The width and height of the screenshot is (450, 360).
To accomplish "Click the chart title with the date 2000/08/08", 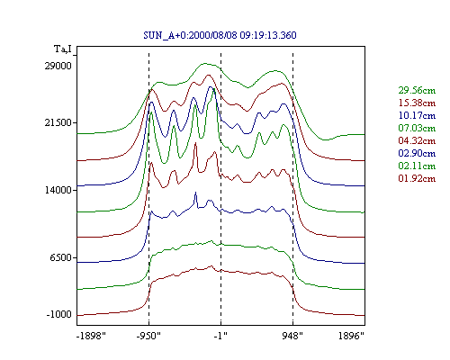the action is [220, 35].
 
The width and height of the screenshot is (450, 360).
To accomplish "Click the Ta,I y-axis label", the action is [63, 49].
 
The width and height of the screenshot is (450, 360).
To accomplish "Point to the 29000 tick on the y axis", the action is [58, 66].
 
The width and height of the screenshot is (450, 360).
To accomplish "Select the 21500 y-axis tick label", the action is [58, 122].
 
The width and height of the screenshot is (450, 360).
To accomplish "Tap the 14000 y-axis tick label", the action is [58, 190].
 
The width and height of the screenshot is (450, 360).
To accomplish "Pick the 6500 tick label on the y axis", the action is [61, 257].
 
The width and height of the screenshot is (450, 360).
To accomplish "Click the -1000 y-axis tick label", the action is [59, 314].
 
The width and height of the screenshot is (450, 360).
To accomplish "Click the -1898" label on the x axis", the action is [92, 336].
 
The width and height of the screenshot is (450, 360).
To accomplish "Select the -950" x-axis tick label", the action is [148, 336].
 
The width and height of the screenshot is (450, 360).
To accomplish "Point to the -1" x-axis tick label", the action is [220, 336].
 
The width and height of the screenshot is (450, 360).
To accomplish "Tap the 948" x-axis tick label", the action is [292, 336].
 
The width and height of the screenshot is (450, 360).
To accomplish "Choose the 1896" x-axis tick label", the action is [351, 336].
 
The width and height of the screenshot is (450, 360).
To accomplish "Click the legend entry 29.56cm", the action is [417, 90].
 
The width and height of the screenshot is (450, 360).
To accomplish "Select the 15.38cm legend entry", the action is [417, 103].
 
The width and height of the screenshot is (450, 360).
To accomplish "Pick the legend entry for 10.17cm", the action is [417, 115].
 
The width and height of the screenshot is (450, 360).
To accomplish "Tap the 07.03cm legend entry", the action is [417, 128].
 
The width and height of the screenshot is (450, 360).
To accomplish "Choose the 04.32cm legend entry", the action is [417, 140].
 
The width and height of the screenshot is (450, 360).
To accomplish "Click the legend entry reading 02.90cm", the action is [417, 153].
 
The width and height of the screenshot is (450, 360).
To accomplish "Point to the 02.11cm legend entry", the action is [417, 166].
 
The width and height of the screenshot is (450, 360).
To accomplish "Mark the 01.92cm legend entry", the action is [417, 178].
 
